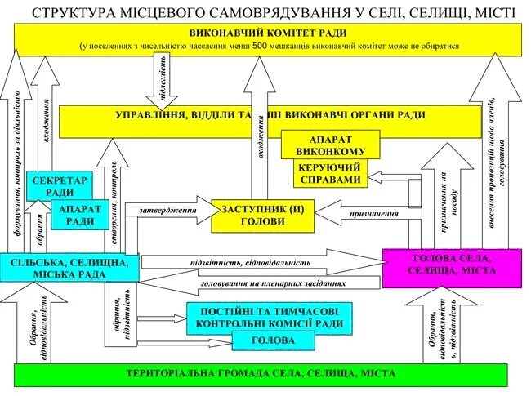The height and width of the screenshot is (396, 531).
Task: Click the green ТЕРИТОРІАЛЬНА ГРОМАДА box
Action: click(261, 374)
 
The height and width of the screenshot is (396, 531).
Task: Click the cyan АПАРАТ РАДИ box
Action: click(79, 215)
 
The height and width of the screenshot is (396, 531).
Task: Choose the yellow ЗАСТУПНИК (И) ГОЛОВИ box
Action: click(262, 214)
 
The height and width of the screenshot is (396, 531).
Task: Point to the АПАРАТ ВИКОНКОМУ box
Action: click(331, 144)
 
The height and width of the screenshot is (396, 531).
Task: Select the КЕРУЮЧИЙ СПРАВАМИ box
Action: click(331, 172)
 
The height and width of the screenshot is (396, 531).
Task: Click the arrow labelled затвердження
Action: click(169, 211)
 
